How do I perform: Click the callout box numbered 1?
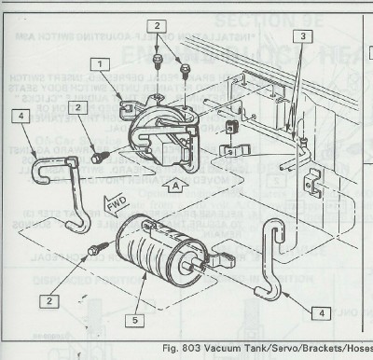(x=96, y=64)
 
